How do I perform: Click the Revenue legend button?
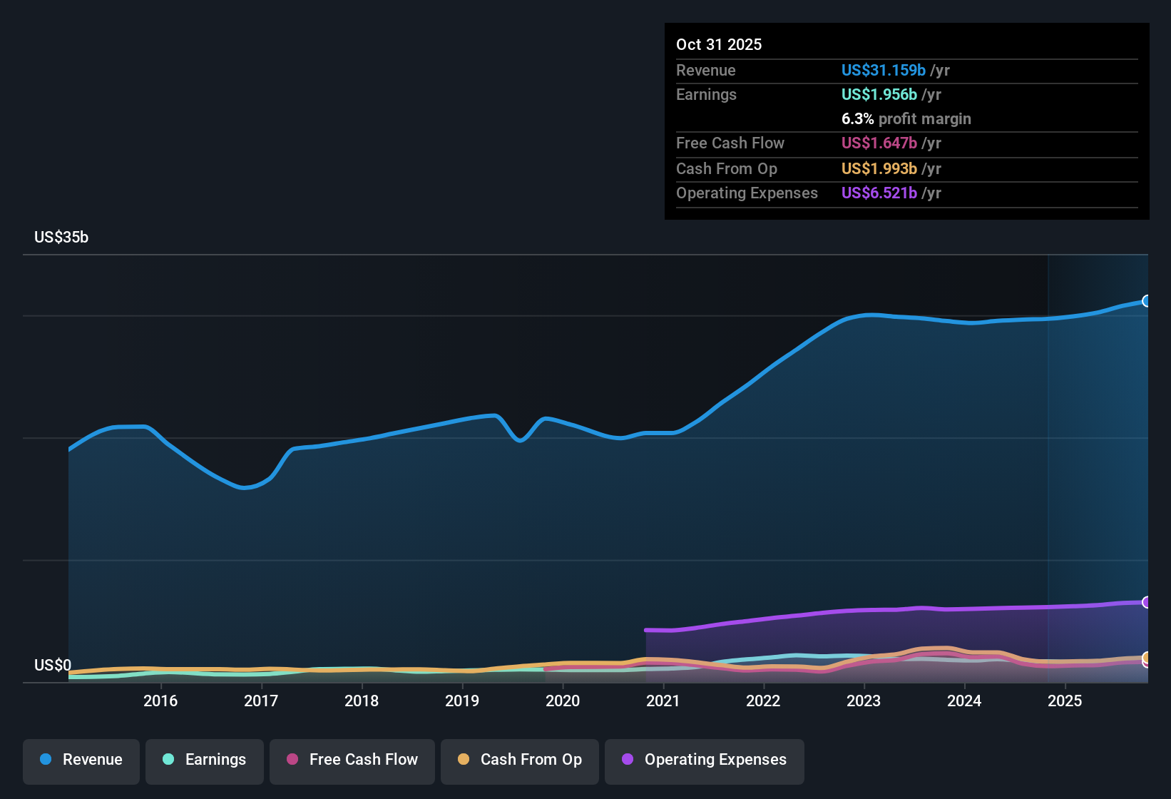pos(81,760)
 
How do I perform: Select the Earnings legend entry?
pos(205,760)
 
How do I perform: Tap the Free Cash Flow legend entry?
pos(352,760)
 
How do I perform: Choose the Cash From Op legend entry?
pos(520,760)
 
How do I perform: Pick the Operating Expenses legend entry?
pos(705,760)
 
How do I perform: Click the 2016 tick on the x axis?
pos(160,701)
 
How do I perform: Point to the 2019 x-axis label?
pos(462,701)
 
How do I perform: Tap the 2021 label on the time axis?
pos(663,701)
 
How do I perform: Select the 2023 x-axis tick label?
pos(864,701)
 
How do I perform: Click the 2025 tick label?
pos(1065,701)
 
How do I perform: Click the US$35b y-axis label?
pos(61,238)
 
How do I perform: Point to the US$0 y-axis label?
pos(53,666)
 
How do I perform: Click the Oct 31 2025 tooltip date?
pos(719,44)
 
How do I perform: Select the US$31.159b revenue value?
pos(883,70)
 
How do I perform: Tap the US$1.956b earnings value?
pos(879,94)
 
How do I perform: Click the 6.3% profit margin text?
pos(906,118)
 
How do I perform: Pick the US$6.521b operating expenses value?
pos(879,193)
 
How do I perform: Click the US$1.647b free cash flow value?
pos(879,143)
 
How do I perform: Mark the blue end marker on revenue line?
pos(1146,301)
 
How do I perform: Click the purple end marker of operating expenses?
pos(1146,602)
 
